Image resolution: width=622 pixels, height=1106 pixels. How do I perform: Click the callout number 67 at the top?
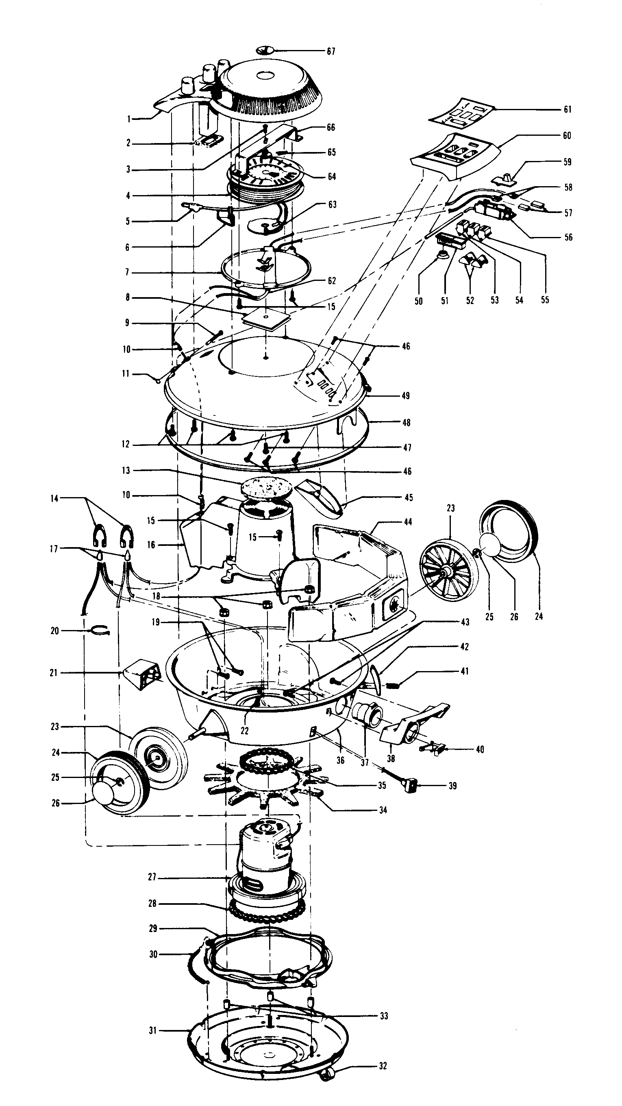coord(331,52)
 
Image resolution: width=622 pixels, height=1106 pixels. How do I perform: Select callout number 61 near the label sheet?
coord(568,109)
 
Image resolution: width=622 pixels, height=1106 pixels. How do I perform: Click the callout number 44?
coord(408,521)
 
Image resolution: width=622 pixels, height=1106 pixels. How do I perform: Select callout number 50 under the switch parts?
coord(418,301)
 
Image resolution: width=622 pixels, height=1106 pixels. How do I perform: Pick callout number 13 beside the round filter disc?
coord(126,471)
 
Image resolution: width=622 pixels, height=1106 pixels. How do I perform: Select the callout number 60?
coord(567,136)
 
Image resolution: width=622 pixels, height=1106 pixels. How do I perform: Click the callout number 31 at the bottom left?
coord(153,1030)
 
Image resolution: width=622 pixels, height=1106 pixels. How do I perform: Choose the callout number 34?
coord(383,810)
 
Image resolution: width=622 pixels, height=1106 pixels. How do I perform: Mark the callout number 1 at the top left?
coord(128,120)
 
